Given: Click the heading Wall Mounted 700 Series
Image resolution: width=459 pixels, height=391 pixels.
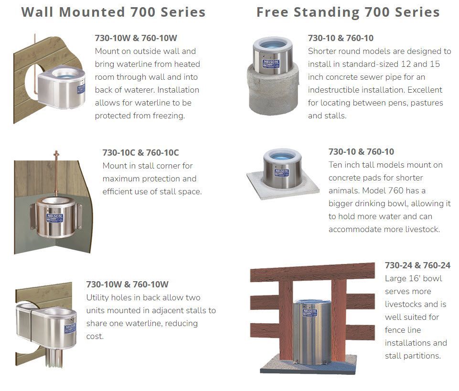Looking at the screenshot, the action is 113,12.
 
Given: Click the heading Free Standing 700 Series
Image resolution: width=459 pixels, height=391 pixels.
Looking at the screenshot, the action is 348,12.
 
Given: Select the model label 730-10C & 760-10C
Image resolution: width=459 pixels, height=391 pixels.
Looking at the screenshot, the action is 140,153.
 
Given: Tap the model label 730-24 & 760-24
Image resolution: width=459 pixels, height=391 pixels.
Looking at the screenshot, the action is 417,265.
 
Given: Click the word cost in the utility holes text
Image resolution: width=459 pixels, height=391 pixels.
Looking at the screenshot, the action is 95,337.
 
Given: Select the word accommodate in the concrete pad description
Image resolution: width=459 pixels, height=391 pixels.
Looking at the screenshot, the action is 353,229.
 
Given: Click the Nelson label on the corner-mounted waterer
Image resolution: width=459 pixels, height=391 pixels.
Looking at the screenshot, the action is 54,218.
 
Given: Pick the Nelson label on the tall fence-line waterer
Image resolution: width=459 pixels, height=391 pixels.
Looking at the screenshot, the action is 310,312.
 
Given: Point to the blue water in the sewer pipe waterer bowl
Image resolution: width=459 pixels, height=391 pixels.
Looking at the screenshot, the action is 273,45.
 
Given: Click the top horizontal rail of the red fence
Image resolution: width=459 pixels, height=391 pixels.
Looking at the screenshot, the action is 312,272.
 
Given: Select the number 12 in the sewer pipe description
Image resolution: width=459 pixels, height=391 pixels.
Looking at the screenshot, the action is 406,64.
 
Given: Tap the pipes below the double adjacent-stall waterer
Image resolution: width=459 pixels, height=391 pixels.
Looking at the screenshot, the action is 54,357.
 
